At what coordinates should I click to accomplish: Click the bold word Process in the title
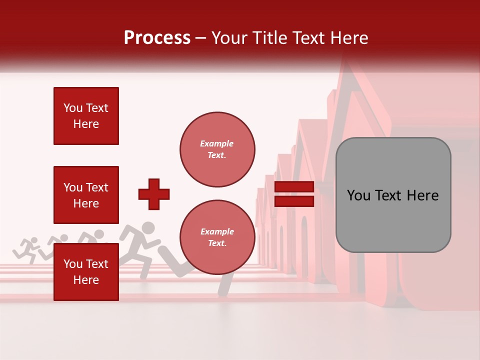tap(157, 38)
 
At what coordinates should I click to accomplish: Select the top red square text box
tap(86, 116)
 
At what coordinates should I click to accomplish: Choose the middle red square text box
tap(86, 195)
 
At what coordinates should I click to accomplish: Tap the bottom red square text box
tap(86, 272)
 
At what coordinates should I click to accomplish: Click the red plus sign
tap(154, 194)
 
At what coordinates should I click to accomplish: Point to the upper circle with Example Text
tap(217, 149)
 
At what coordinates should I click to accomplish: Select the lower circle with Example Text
tap(217, 237)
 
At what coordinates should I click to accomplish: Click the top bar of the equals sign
tap(294, 187)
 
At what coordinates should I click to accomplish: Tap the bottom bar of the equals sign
tap(294, 201)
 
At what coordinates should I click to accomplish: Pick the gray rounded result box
tap(393, 195)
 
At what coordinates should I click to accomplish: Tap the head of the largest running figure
tap(147, 228)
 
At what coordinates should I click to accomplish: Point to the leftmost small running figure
tap(28, 248)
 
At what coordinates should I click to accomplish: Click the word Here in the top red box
tap(86, 124)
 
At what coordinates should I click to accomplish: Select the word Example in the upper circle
tap(216, 143)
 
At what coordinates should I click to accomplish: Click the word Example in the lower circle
tap(216, 231)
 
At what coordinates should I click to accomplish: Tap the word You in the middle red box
tap(73, 187)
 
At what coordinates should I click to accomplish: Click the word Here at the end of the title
tap(350, 38)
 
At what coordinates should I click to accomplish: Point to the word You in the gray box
tap(358, 195)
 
